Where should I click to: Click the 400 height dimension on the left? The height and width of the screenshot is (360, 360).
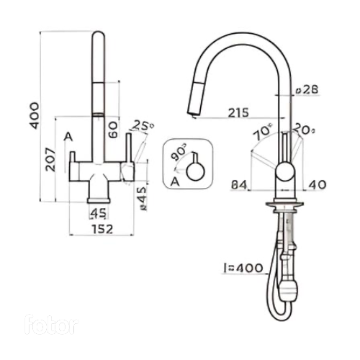[x=35, y=116]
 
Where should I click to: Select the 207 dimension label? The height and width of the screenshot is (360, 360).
[x=51, y=160]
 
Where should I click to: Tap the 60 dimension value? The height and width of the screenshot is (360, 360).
[x=113, y=130]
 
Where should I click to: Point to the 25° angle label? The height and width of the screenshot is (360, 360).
[x=143, y=125]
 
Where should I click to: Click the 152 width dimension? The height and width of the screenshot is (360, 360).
[x=102, y=229]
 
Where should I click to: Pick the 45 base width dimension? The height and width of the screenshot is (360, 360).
[x=99, y=213]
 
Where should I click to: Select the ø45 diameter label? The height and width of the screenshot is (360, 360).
[x=143, y=199]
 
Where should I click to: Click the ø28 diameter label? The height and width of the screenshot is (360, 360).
[x=307, y=90]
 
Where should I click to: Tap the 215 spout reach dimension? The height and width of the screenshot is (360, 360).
[x=238, y=113]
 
